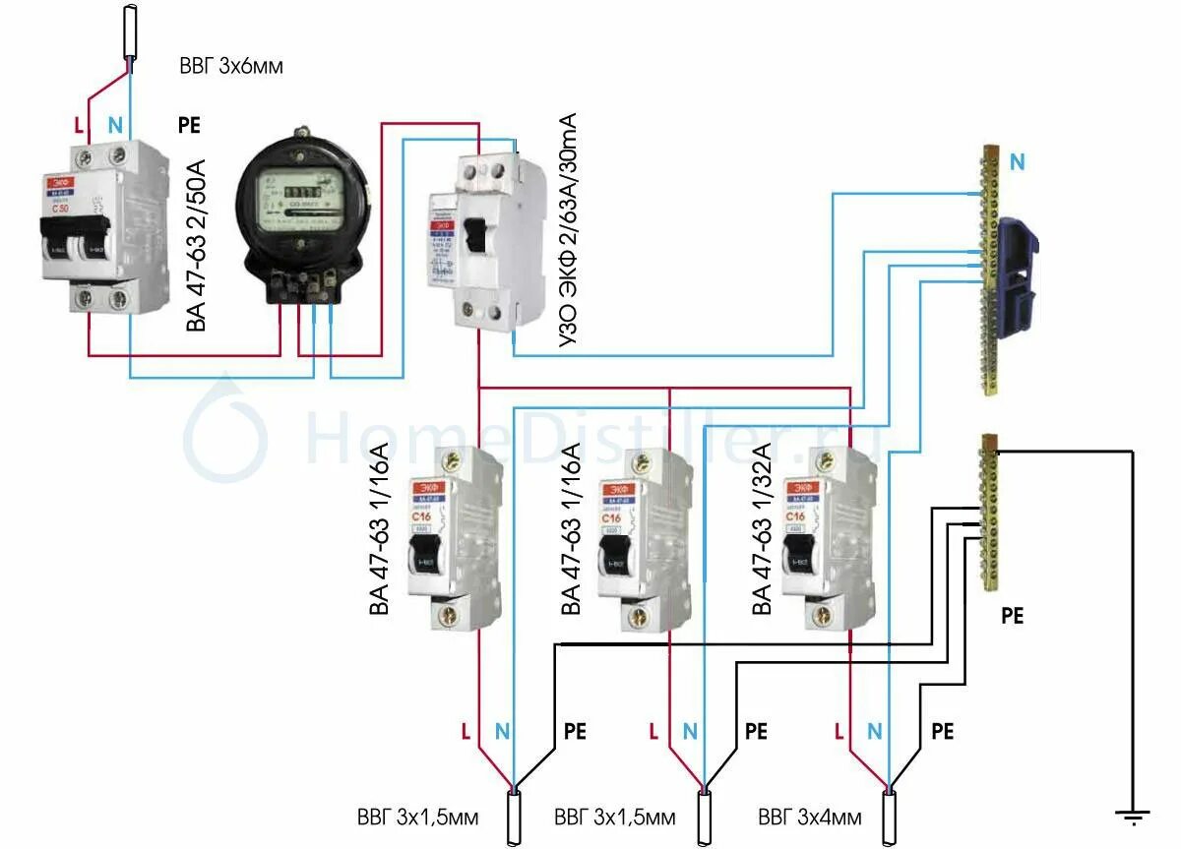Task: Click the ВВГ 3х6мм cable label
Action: click(x=231, y=67)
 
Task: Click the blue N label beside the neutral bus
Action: click(x=1017, y=163)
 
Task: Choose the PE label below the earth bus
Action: click(x=1012, y=616)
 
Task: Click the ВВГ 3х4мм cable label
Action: click(x=810, y=818)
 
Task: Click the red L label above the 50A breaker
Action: click(x=79, y=125)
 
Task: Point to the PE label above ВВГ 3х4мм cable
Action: click(x=942, y=731)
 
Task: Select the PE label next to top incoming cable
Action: click(x=191, y=125)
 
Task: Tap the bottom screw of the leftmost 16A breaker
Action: click(x=455, y=616)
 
